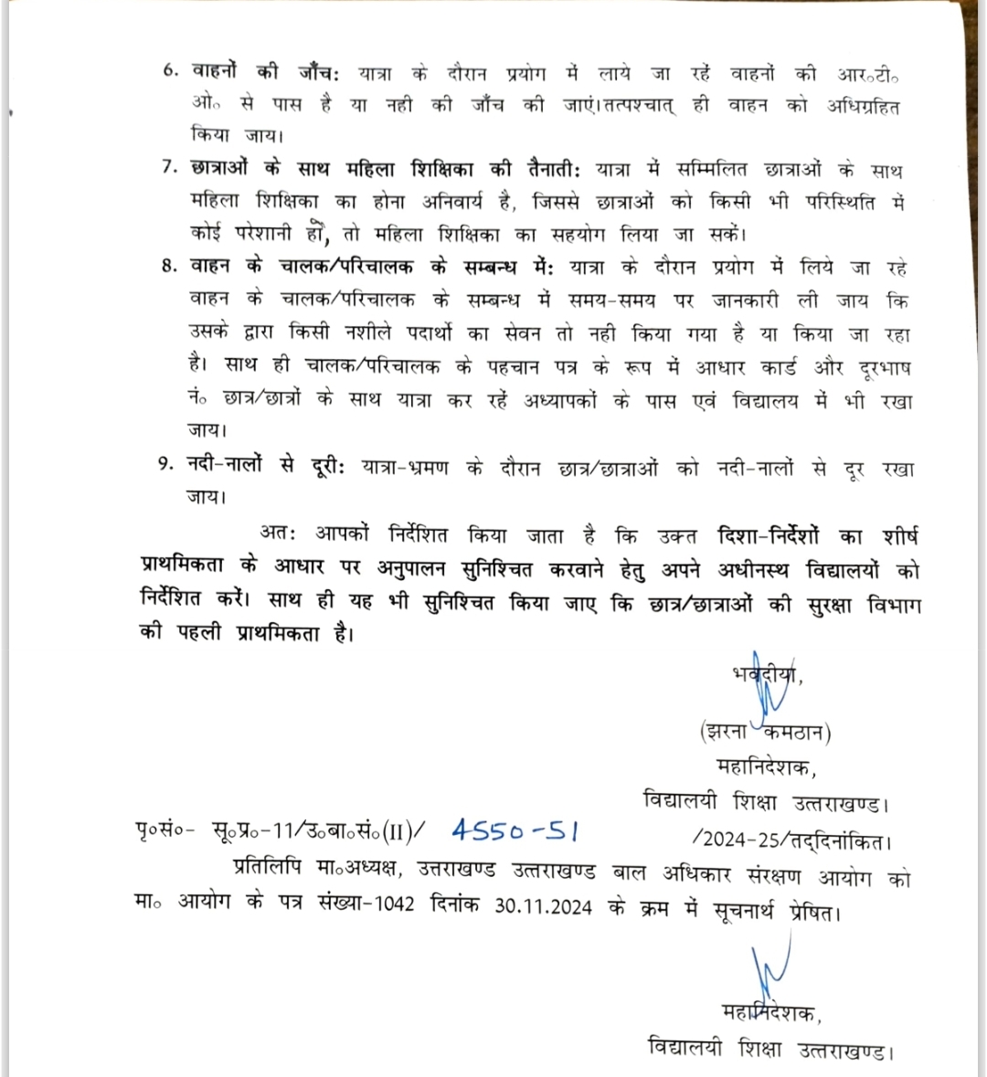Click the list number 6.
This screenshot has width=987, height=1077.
point(169,71)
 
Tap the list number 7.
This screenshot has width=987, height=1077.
point(169,168)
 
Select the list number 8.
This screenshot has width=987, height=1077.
point(169,266)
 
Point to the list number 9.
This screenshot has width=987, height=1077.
point(165,464)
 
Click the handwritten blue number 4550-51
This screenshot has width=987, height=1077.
point(515,830)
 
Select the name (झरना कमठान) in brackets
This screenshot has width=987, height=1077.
point(764,731)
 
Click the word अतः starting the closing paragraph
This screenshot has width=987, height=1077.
point(278,533)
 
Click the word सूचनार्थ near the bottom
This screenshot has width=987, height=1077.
point(747,911)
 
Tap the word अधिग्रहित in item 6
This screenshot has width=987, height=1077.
point(864,106)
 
